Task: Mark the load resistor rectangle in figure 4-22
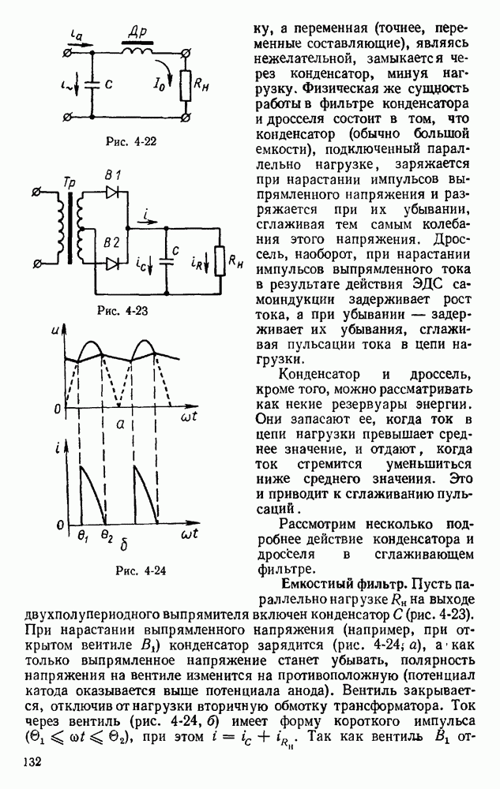click(185, 85)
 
